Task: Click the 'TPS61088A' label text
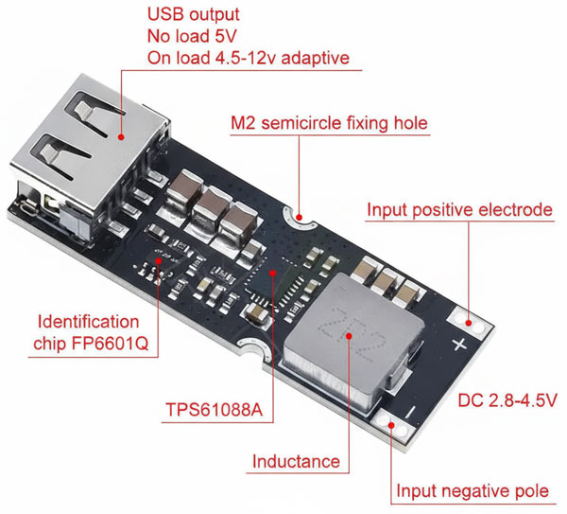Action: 215,410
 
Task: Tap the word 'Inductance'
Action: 296,461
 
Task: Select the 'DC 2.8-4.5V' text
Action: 507,400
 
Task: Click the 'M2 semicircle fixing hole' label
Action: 329,123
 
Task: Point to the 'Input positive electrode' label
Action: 459,210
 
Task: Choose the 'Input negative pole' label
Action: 472,491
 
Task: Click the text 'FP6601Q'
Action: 110,344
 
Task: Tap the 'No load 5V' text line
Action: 192,36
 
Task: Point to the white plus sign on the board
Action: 459,345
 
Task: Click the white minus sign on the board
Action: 411,412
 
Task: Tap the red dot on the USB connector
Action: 121,137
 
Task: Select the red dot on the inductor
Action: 349,336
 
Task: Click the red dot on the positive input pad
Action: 469,323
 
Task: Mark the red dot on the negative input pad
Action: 391,424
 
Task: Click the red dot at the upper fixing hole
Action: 299,218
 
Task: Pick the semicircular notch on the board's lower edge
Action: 252,349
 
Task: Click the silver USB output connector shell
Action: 89,152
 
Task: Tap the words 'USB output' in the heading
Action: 194,14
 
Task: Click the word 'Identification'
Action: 88,322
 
